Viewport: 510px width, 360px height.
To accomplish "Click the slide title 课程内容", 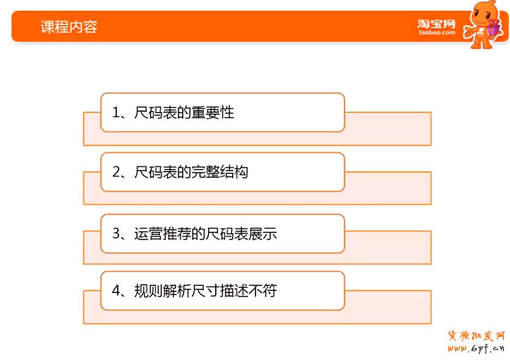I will click(x=69, y=26).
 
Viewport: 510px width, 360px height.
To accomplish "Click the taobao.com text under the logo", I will click(x=436, y=33).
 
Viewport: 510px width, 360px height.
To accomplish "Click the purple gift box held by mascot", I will click(x=493, y=28).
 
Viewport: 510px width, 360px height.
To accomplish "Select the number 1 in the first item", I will click(x=116, y=113).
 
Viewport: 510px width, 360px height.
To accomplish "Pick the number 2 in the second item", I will click(x=116, y=173).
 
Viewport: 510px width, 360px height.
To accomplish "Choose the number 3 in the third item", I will click(x=116, y=234).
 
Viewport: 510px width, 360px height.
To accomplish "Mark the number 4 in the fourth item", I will click(x=116, y=290).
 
